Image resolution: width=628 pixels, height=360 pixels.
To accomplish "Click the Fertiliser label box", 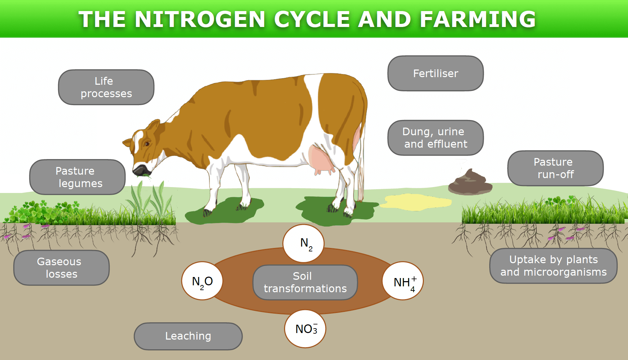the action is point(435,73).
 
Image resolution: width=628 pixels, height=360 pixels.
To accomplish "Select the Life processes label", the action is point(106,87).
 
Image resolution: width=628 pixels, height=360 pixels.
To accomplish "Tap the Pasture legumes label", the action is point(78,177).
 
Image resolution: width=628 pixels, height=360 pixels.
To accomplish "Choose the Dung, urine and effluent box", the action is point(435,138).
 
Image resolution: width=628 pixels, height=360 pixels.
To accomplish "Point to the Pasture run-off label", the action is point(555,168).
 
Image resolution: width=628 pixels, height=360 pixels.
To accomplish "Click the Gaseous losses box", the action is point(62,268).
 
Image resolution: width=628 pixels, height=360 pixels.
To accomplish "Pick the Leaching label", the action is point(188,336).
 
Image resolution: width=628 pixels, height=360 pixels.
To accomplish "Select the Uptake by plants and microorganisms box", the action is point(553,266).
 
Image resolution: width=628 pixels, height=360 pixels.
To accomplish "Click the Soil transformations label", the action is point(305,282).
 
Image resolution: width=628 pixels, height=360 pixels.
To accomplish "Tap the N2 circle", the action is point(303,243).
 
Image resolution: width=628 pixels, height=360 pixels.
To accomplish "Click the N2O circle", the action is point(202,281).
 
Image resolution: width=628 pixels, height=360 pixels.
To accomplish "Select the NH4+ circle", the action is point(403,281).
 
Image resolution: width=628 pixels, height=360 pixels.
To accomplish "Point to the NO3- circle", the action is point(305,329).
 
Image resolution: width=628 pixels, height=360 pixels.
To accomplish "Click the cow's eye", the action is point(147,144).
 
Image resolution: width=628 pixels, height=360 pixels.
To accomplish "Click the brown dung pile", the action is point(470,182).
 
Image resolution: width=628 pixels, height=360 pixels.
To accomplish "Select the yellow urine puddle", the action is point(415,202).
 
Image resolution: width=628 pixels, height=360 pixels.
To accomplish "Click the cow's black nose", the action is point(141,170).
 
